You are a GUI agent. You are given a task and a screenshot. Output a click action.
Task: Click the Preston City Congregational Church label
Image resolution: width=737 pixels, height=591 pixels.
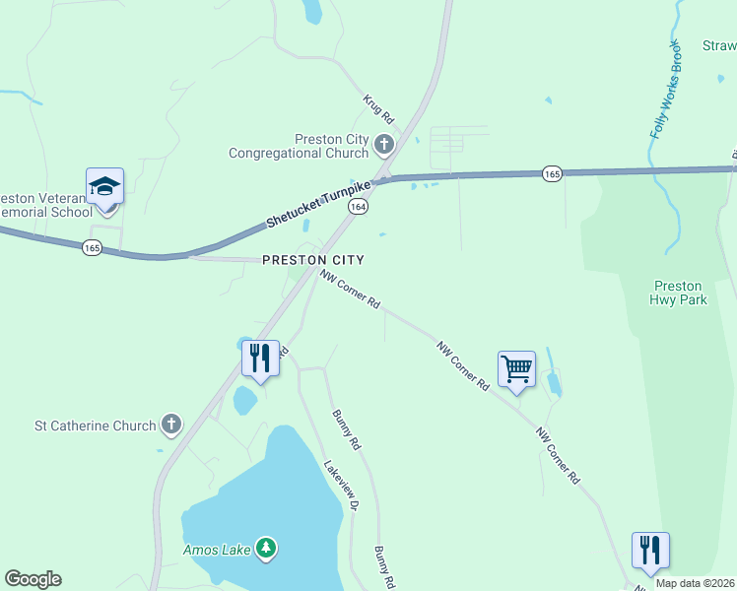pos(298,146)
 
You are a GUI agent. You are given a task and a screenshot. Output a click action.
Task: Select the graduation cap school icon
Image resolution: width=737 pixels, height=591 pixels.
pos(104,186)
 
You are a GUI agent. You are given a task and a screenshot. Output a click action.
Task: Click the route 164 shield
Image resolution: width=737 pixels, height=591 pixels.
pos(359,207)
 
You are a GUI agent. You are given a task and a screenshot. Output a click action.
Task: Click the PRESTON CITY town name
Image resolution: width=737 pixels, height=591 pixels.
pos(313,260)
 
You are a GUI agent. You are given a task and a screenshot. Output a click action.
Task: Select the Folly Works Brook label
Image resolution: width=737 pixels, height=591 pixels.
pos(665,90)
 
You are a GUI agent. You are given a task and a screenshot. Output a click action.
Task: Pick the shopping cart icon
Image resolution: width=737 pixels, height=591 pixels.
pos(516,369)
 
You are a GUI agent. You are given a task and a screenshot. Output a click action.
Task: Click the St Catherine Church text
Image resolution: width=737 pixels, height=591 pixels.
pos(96,426)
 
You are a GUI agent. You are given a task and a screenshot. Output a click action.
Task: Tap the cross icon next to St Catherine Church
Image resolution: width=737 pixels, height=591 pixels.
pos(171,425)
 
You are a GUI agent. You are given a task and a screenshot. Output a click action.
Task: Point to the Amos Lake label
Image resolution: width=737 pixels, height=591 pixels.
pos(217,549)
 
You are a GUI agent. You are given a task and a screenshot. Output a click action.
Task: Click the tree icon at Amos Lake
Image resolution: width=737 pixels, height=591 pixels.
pos(265,548)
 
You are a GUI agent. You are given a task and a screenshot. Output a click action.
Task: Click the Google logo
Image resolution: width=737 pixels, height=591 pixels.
pos(33,579)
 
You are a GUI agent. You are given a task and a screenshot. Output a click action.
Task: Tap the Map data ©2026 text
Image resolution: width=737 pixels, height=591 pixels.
pos(695,583)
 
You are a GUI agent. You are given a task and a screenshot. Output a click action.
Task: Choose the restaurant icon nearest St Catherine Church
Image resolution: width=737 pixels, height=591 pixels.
pos(260,358)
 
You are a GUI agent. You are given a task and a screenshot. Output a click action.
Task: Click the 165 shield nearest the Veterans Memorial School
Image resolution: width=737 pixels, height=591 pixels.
pos(92,248)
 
